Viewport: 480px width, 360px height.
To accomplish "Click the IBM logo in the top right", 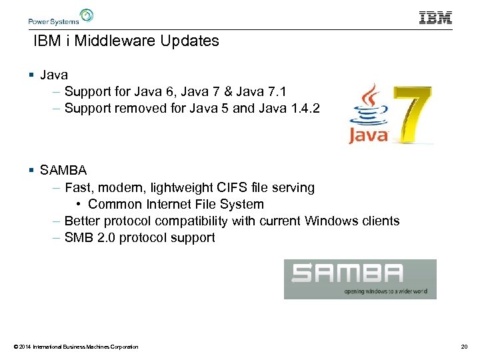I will click(435, 17).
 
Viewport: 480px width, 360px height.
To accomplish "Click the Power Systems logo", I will click(61, 17).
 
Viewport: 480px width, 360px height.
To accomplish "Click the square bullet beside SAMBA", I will click(33, 171).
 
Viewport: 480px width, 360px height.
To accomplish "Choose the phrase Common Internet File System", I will click(176, 204).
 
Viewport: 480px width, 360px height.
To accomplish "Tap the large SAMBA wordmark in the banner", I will click(347, 273).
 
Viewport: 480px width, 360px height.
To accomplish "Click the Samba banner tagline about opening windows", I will click(385, 291).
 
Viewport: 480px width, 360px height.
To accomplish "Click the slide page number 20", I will click(465, 347).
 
